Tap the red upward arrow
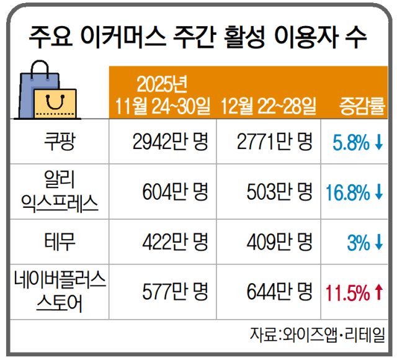coord(378,290)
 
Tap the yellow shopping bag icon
coord(55,103)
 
